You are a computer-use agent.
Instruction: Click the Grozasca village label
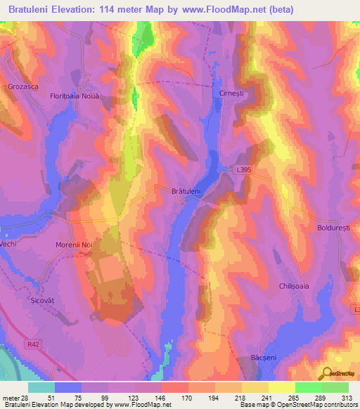25,86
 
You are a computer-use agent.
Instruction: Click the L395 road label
244,169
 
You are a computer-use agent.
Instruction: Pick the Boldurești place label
337,229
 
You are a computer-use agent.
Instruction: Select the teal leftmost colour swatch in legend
41,387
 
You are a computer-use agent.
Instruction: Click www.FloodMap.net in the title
224,9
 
